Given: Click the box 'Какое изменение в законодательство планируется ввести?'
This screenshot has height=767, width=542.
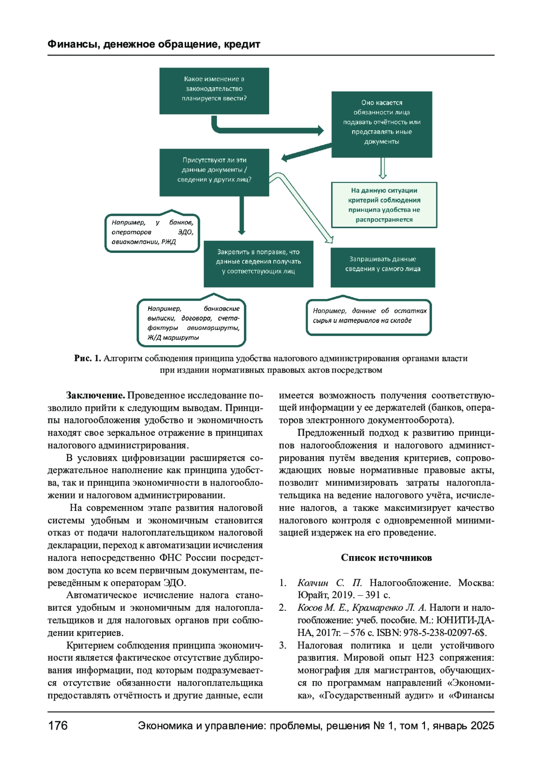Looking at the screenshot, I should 214,91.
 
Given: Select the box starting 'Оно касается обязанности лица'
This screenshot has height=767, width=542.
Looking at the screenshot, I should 382,124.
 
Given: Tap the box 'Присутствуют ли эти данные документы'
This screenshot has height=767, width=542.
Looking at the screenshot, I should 214,172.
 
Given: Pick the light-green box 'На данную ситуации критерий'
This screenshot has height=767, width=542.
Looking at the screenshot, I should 384,205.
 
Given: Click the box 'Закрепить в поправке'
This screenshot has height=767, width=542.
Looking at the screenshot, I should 258,264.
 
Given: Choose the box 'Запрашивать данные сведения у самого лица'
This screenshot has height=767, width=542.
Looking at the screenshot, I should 383,267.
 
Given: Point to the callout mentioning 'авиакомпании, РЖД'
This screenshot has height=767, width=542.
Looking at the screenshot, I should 152,233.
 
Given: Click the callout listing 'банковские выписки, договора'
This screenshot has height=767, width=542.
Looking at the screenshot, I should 192,323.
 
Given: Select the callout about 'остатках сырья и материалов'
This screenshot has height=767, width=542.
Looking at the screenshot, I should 369,317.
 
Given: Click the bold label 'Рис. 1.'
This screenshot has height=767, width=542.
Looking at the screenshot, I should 88,358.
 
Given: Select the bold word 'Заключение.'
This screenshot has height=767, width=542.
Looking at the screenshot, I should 95,396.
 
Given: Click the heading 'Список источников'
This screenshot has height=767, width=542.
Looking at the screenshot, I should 386,558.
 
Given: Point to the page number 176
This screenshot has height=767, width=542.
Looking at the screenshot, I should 58,725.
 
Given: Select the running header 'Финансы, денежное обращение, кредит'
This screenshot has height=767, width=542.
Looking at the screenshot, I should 154,44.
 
